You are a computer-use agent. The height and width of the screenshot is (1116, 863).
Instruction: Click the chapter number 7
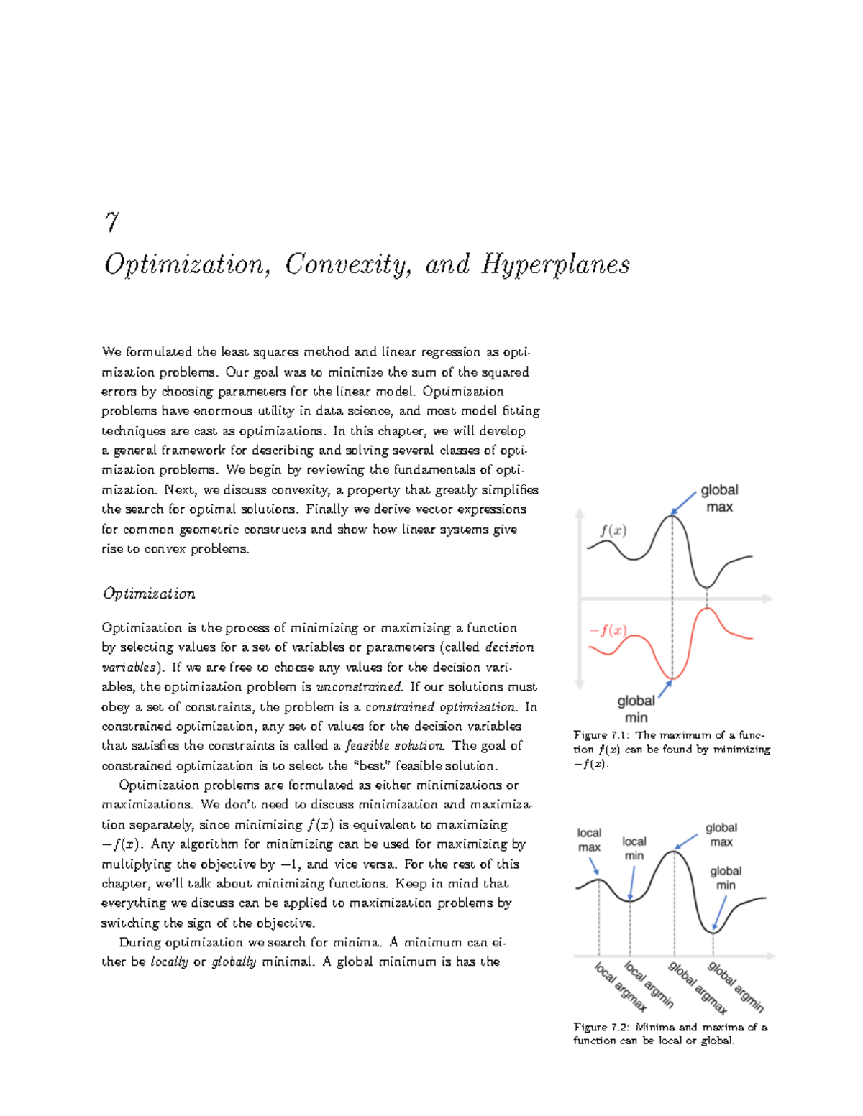coord(111,222)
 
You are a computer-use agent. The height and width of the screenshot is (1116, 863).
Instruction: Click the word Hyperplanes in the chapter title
coord(555,265)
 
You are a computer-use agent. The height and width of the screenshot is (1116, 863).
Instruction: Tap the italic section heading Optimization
coord(148,594)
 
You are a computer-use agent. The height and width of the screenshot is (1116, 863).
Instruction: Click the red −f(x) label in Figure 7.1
coord(608,631)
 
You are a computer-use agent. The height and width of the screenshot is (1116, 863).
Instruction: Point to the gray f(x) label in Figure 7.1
coord(613,531)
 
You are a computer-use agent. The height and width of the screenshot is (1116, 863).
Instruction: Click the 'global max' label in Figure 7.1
coord(719,498)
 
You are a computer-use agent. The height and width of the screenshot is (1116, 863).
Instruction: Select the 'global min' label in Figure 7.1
coord(636,709)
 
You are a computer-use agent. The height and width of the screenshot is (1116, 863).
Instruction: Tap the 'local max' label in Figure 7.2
coord(589,840)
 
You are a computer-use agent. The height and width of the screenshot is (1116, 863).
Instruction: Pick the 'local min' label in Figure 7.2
coord(634,848)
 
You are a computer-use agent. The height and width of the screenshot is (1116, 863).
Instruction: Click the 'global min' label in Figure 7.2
coord(725,877)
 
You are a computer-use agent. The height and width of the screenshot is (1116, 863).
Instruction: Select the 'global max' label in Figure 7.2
coord(721,835)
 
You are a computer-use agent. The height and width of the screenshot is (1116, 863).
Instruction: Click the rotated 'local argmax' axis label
coord(620,987)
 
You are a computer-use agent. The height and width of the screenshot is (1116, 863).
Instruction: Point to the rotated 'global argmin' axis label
coord(735,987)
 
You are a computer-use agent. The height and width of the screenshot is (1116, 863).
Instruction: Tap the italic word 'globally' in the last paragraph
coord(234,962)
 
